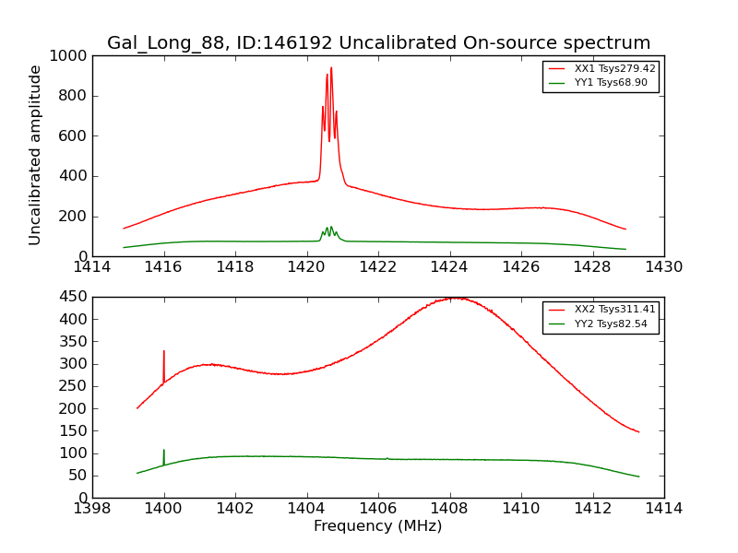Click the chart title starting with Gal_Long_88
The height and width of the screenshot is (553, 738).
[x=378, y=42]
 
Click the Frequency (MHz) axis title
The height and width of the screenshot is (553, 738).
[x=378, y=526]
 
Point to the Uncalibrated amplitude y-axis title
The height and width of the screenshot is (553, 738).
[x=36, y=155]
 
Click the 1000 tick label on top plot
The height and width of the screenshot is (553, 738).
[x=70, y=56]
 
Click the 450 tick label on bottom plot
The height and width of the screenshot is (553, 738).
[x=74, y=297]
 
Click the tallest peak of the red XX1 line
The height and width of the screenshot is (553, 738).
[x=331, y=68]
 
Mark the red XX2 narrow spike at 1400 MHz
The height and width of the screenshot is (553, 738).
[x=164, y=352]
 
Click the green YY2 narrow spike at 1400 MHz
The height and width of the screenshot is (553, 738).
[x=164, y=451]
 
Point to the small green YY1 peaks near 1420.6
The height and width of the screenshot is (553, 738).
[x=329, y=229]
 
